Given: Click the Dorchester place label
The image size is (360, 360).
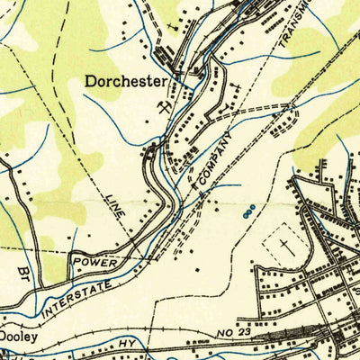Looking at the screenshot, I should point(126,81).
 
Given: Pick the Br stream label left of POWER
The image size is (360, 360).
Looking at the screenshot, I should point(24,270).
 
